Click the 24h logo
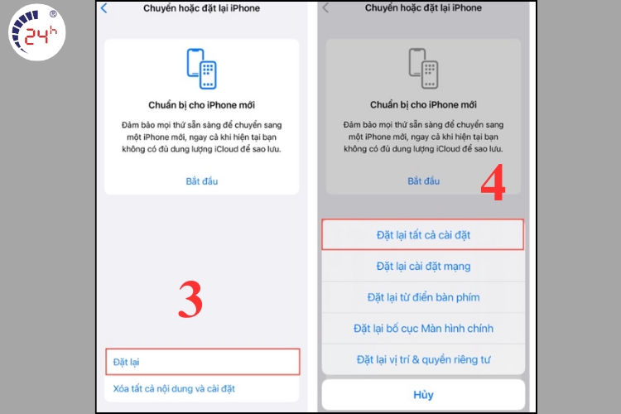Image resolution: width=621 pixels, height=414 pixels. (x=36, y=32)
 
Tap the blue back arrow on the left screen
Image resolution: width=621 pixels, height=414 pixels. (x=103, y=8)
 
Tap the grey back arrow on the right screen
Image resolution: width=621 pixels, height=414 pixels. (x=325, y=8)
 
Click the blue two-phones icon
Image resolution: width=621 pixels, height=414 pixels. (x=201, y=69)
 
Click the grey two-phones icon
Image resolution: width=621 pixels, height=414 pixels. (x=423, y=68)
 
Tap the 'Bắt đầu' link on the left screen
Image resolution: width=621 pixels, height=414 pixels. (x=202, y=181)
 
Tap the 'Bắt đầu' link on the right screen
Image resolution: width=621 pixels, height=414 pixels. (x=424, y=181)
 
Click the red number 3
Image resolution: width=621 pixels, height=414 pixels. (x=190, y=300)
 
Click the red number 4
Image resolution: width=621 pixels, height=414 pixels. (x=493, y=182)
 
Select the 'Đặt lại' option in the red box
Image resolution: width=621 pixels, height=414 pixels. (x=127, y=362)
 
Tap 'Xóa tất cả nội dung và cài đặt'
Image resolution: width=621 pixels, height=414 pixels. (x=174, y=388)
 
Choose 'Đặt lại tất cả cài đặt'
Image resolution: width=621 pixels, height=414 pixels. (x=423, y=235)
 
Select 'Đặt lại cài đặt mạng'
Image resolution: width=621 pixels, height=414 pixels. (x=423, y=267)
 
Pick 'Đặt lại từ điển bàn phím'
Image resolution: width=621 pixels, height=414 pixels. (x=423, y=297)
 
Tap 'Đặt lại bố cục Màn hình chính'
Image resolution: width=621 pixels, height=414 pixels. (x=423, y=329)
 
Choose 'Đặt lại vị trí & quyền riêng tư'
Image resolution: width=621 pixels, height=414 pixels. (x=423, y=359)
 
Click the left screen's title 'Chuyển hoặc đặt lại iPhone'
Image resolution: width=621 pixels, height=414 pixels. (x=201, y=8)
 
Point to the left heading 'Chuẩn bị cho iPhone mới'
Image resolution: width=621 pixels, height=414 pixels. (x=201, y=105)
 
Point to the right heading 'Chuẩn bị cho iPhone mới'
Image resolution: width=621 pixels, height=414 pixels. (x=423, y=104)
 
